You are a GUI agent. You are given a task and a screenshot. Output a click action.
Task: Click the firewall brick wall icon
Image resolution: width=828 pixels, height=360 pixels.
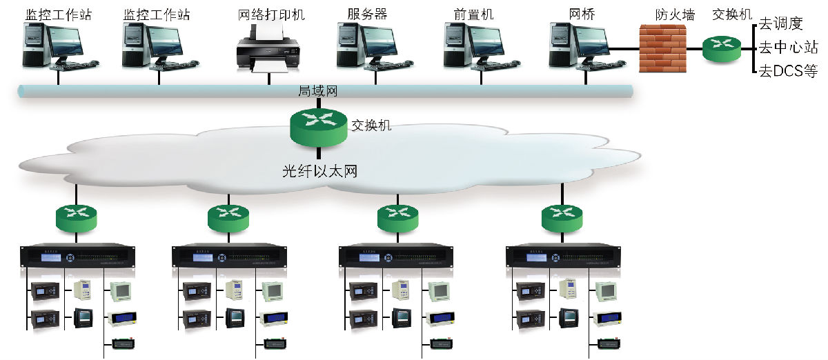coord(662,48)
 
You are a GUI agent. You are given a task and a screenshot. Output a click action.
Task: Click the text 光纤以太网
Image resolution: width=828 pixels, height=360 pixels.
coord(319,171)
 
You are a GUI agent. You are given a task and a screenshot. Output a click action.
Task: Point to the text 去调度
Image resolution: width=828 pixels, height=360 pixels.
coord(781,24)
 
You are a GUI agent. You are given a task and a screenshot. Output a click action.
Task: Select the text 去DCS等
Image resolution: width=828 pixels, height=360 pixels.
coord(788,71)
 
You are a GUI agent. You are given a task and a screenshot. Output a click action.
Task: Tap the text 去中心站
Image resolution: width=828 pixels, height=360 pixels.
coord(788,48)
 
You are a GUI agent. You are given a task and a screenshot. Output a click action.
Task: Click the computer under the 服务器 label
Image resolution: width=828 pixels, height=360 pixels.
coord(366,46)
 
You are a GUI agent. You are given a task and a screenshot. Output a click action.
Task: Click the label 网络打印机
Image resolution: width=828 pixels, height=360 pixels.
coord(261,14)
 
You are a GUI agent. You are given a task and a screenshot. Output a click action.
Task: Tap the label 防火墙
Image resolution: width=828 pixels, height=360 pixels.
coord(675,14)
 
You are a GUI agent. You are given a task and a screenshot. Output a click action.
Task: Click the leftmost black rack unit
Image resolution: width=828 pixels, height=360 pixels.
coord(78,257)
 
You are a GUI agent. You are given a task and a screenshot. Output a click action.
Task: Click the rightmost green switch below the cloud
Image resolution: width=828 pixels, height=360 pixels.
coord(560,217)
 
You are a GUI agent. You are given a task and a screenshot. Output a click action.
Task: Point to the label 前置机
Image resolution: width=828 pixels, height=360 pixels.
coord(474,14)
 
